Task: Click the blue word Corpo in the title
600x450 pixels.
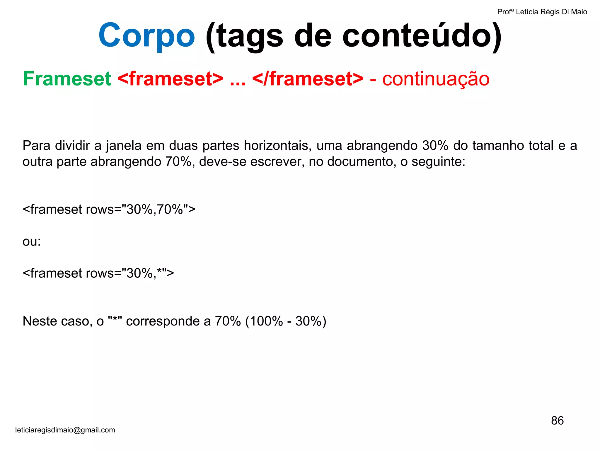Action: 146,36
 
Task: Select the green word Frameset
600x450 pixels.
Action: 67,79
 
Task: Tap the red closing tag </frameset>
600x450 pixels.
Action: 308,79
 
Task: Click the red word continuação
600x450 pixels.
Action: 436,79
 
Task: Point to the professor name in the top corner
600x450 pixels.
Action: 542,12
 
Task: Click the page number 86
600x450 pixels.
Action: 557,420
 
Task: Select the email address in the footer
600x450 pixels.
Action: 65,430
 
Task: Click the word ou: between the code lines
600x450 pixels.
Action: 32,241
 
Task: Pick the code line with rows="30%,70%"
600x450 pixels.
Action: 109,209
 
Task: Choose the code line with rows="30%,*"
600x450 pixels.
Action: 98,273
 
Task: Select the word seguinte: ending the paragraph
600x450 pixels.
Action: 438,161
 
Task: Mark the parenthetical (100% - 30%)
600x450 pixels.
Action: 286,321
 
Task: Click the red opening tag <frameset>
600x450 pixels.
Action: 170,79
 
